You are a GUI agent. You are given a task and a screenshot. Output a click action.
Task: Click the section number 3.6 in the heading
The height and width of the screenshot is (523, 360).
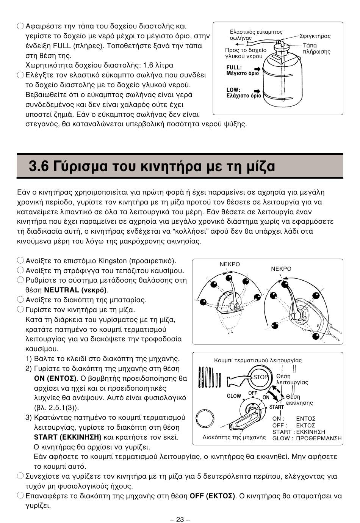(x=39, y=166)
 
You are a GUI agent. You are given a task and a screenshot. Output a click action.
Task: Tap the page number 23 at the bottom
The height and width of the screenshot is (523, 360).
(x=180, y=519)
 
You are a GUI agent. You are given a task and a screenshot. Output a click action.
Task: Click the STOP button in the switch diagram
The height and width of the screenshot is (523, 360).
(x=261, y=377)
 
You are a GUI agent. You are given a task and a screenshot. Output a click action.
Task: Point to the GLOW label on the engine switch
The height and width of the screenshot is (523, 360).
(x=234, y=396)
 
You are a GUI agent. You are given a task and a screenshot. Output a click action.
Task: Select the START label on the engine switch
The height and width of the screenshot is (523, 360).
(x=277, y=407)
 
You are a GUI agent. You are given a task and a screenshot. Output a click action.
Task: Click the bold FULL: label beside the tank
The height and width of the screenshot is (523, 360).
(x=234, y=68)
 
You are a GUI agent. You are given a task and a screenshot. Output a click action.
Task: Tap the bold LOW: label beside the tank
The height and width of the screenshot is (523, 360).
(x=233, y=90)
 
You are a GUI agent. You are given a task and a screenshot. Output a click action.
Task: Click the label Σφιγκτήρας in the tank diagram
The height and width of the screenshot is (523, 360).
(x=315, y=36)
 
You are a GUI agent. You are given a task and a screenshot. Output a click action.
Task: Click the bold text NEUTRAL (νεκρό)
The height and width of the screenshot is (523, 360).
(x=75, y=290)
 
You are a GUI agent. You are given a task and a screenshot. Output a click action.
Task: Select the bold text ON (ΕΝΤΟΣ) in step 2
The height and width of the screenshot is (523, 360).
(x=55, y=378)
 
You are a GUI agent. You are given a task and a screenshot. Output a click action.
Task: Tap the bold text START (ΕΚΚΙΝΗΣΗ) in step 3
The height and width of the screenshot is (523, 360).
(x=68, y=437)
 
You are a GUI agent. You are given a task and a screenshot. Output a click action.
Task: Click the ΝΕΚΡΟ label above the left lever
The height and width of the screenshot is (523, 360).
(x=230, y=264)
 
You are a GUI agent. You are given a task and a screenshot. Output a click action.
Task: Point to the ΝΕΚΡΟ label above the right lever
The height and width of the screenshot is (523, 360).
(x=281, y=269)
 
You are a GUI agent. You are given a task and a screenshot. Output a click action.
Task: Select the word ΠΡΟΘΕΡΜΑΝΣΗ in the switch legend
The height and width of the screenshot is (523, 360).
(x=319, y=438)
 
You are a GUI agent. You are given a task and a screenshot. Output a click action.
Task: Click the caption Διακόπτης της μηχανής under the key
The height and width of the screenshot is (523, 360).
(x=234, y=437)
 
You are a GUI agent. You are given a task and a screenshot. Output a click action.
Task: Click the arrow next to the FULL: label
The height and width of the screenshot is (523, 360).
(x=257, y=69)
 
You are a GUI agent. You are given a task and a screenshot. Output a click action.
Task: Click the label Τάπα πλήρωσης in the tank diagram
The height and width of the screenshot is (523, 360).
(x=316, y=49)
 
